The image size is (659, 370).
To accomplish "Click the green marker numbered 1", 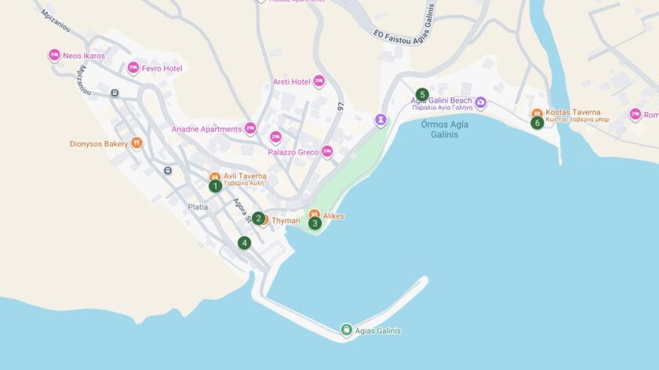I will coord(215,186).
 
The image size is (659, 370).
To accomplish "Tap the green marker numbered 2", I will coord(258,218).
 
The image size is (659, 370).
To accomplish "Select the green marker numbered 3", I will coord(315,223).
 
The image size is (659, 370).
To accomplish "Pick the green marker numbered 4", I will coord(245,243).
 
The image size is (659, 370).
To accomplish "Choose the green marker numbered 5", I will coord(422,95).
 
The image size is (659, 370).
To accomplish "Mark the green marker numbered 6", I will coord(537,122).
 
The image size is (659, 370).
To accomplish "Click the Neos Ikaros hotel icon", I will coord(54,55).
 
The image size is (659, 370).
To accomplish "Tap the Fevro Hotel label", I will coord(162,69).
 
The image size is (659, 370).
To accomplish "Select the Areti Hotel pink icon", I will coord(319,81).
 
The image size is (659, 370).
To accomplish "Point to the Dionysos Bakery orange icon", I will coord(137,143).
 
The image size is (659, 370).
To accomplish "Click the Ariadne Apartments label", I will coord(206,129).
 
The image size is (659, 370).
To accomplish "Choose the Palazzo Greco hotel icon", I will coord(327,151).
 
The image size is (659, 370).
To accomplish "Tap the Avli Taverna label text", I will coord(245,176).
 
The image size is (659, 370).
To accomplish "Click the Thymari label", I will coord(286,221).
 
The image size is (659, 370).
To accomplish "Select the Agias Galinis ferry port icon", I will coord(346,330).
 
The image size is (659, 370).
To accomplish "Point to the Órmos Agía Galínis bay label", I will coord(439,129).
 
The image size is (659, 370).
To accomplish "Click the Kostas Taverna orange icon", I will coord(537,113).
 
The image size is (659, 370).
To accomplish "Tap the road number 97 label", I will coord(340,106).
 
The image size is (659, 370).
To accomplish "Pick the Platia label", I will coord(198,207).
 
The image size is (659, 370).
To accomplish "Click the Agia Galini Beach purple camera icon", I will coord(481,103).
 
